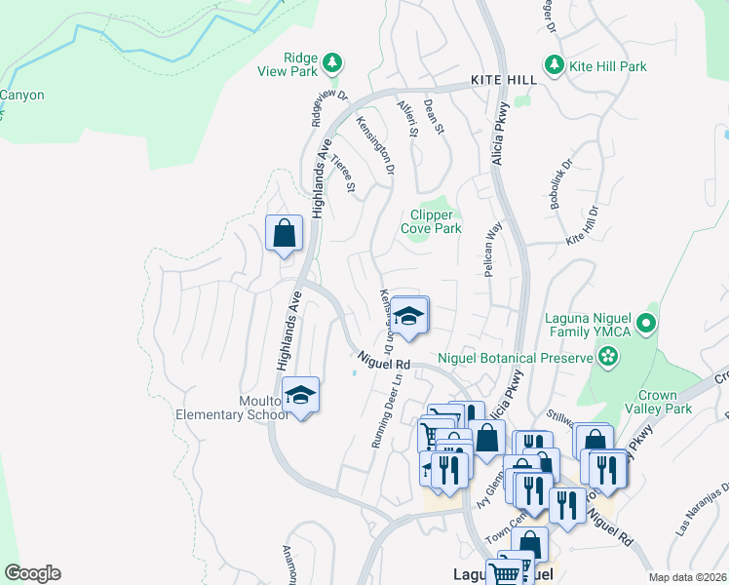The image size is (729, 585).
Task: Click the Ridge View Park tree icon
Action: (x=333, y=63)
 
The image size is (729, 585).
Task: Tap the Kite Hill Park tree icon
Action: (x=555, y=65)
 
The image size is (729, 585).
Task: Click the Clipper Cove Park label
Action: (x=431, y=222)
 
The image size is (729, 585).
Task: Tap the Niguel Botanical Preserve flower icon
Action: (x=609, y=358)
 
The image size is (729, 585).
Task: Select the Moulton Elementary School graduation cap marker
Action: (x=301, y=396)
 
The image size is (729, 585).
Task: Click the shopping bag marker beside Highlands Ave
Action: (x=284, y=234)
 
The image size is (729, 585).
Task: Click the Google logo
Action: (x=32, y=573)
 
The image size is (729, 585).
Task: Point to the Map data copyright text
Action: (x=687, y=577)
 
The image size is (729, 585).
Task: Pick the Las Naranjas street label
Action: (x=702, y=511)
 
